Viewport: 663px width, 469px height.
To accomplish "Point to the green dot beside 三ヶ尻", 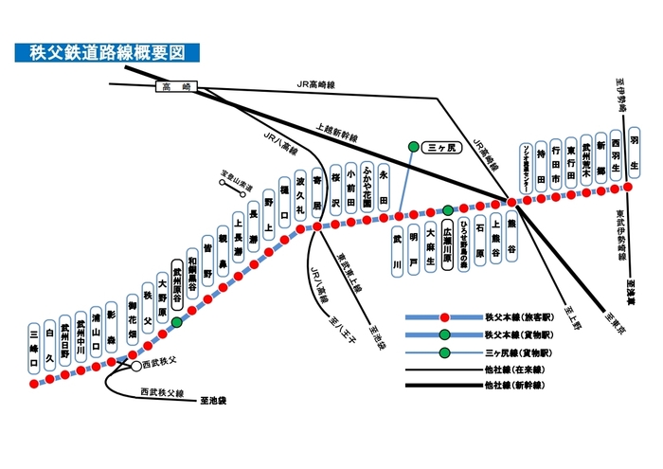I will click(412, 146).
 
